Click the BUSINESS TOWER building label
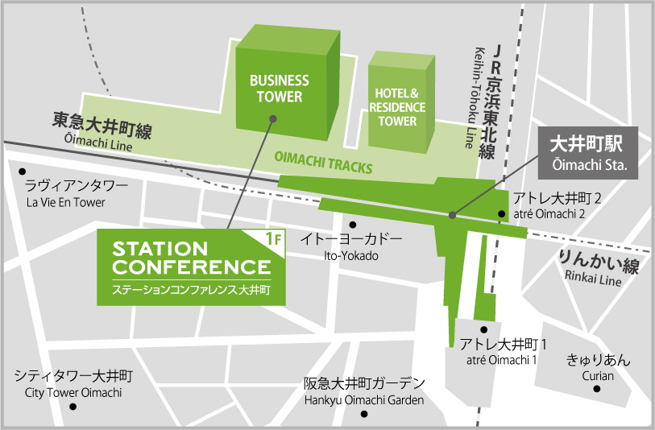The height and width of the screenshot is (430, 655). click(279, 89)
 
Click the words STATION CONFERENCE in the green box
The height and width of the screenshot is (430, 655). click(192, 257)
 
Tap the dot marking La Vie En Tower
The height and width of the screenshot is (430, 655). click(24, 172)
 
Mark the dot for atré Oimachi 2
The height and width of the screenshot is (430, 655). click(501, 214)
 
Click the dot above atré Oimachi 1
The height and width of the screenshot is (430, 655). click(483, 329)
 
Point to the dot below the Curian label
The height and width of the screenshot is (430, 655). click(598, 389)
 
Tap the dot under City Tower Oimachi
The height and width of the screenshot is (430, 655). click(73, 407)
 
